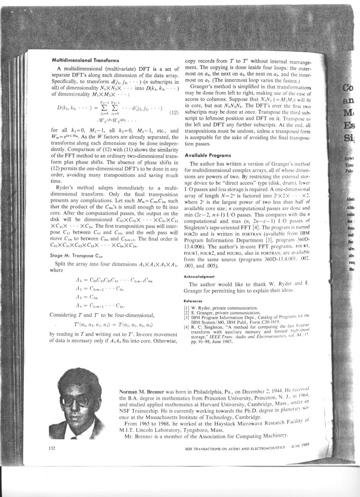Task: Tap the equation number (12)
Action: coord(173,113)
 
